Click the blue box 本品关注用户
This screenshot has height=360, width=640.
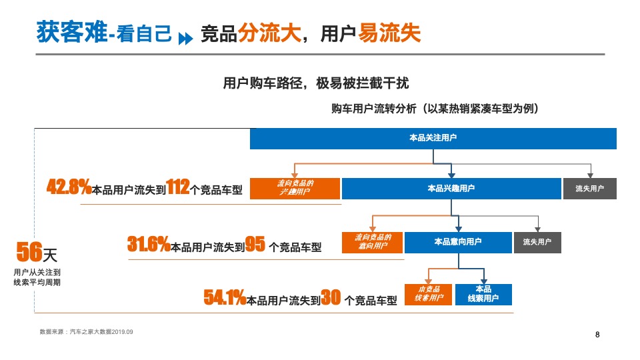click(x=433, y=138)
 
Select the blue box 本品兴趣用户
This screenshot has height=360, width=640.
click(x=451, y=189)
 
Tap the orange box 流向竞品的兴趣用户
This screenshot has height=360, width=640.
click(x=295, y=189)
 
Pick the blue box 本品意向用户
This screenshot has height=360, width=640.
click(x=457, y=242)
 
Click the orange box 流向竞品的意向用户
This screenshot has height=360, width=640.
click(x=372, y=242)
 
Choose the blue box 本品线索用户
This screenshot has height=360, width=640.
click(x=484, y=294)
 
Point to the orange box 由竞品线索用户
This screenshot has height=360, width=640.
click(x=429, y=294)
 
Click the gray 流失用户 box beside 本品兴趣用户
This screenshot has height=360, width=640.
click(x=589, y=189)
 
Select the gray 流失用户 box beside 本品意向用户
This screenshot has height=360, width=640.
click(x=537, y=242)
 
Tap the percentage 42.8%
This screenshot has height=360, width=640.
click(x=69, y=187)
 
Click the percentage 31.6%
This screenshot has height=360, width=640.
click(x=149, y=245)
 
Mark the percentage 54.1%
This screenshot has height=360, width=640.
click(x=225, y=298)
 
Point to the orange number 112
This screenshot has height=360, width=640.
click(x=177, y=187)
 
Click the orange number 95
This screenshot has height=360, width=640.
click(x=255, y=245)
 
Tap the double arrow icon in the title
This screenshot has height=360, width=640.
click(x=185, y=36)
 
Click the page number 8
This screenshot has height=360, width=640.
click(x=597, y=335)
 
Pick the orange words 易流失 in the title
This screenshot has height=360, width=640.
click(x=390, y=33)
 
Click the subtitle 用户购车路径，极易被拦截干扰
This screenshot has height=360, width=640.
click(x=315, y=83)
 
